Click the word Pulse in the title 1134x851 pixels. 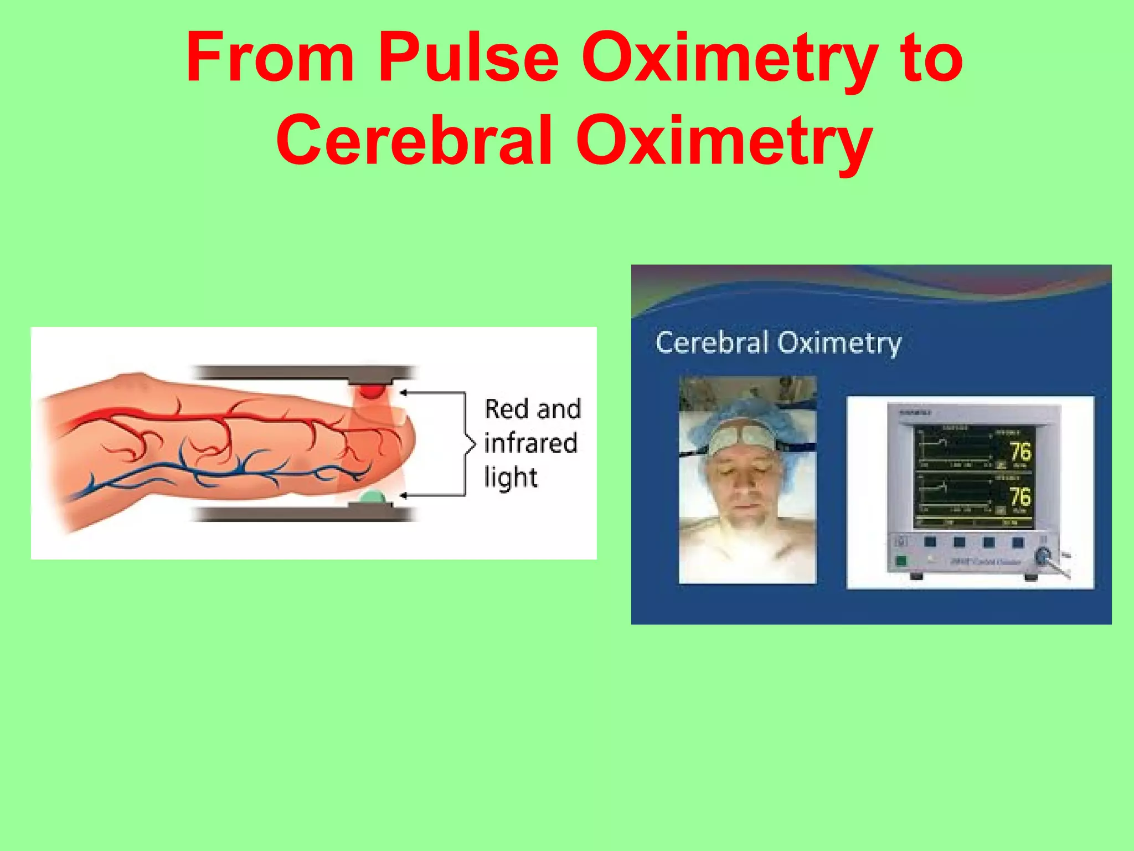pyautogui.click(x=468, y=58)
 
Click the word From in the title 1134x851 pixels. pyautogui.click(x=270, y=58)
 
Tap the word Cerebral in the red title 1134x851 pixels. pyautogui.click(x=415, y=140)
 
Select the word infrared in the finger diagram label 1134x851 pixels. pyautogui.click(x=530, y=443)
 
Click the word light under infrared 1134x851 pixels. pyautogui.click(x=511, y=478)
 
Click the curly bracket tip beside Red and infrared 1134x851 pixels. pyautogui.click(x=473, y=444)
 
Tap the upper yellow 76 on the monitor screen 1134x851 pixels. pyautogui.click(x=1020, y=452)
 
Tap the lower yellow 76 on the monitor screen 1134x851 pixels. pyautogui.click(x=1020, y=497)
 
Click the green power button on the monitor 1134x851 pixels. pyautogui.click(x=901, y=560)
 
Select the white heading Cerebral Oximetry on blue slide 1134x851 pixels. pyautogui.click(x=778, y=342)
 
